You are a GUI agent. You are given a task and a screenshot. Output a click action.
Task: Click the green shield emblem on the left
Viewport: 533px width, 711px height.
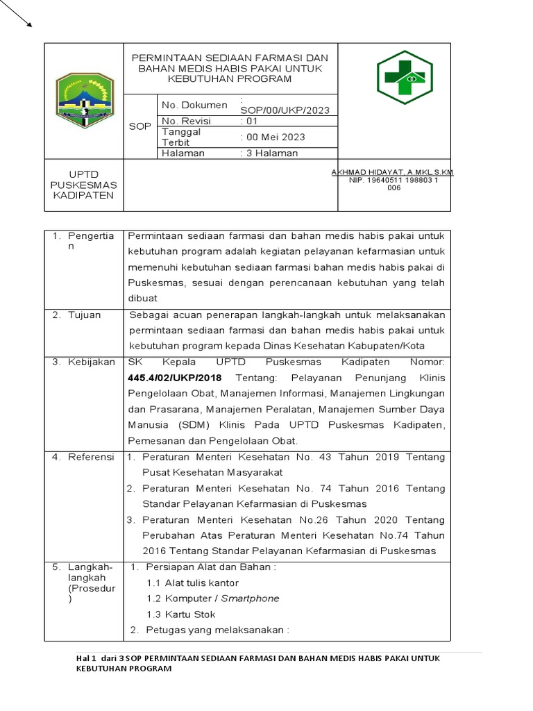tap(84, 101)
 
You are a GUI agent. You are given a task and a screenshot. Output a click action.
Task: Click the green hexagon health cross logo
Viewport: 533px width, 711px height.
tap(405, 77)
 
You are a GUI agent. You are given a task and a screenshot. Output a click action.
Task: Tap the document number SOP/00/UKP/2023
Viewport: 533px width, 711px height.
tap(285, 110)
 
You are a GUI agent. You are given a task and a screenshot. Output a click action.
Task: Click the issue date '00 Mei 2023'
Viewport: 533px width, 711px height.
tap(273, 137)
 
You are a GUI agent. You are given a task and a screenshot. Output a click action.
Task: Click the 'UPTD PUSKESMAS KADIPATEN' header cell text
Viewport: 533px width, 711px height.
tap(83, 185)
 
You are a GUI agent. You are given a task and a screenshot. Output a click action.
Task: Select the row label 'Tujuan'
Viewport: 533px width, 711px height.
tap(84, 315)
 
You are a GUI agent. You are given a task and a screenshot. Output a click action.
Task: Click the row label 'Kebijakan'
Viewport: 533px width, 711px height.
tap(91, 362)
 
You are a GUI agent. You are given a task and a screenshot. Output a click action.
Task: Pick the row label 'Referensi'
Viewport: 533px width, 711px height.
tap(90, 457)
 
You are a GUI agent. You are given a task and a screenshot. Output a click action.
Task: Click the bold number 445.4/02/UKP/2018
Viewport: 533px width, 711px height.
tap(175, 378)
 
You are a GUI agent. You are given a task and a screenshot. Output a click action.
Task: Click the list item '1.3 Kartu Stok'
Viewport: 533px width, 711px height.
tap(180, 614)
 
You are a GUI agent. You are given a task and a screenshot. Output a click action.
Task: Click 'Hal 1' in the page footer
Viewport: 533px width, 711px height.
tap(84, 658)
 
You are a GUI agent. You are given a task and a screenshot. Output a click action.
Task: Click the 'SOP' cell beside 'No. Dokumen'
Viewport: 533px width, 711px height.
tap(139, 127)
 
